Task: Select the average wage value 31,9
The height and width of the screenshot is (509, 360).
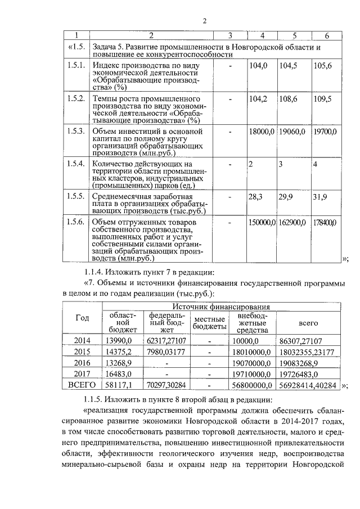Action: pos(320,197)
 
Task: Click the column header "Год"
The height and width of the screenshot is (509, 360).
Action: pos(82,318)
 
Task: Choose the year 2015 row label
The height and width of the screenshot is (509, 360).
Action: pos(82,352)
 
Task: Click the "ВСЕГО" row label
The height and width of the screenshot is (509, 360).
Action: pos(82,386)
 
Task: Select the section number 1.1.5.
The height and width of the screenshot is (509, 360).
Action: pos(94,400)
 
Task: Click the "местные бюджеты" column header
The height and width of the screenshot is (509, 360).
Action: pos(209,322)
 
